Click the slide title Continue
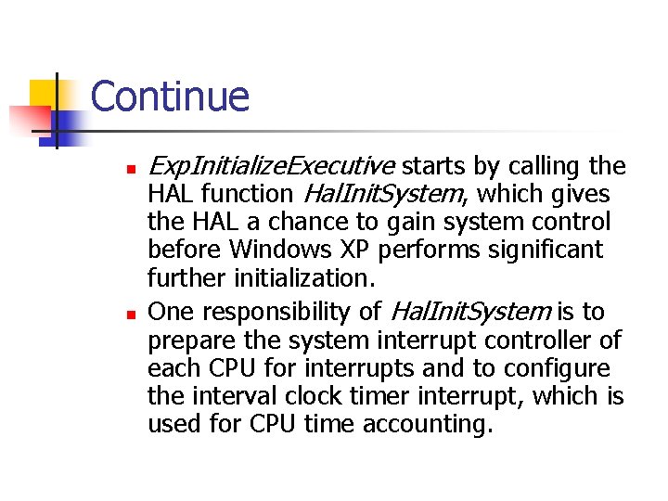pyautogui.click(x=170, y=96)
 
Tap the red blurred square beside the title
pyautogui.click(x=30, y=119)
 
